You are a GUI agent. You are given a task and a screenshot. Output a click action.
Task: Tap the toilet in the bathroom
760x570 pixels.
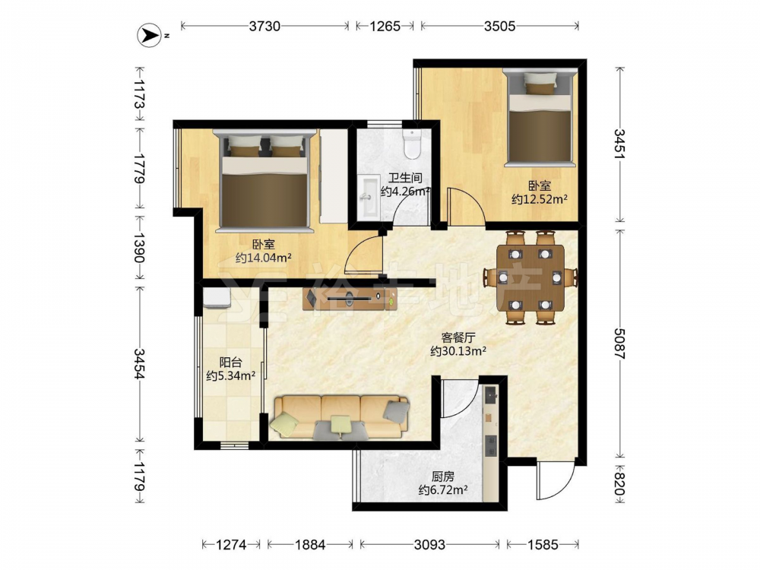(x=413, y=144)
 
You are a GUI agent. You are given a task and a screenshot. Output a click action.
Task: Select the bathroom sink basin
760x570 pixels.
(x=369, y=195)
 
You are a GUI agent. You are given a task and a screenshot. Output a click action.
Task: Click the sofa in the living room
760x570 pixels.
(x=340, y=417)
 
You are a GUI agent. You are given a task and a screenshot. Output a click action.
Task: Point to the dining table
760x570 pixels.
(x=530, y=277)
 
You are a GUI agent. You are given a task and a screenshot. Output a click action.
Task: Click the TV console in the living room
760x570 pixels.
(x=350, y=299)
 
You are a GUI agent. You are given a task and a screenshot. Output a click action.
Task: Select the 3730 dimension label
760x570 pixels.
(x=264, y=26)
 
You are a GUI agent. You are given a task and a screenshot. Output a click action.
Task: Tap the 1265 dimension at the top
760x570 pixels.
(x=385, y=26)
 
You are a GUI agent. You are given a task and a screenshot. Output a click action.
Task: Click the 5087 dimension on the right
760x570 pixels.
(x=620, y=344)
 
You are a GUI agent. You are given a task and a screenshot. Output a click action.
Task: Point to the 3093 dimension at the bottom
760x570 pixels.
(x=429, y=545)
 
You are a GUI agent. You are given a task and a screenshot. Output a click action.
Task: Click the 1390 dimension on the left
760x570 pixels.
(x=140, y=248)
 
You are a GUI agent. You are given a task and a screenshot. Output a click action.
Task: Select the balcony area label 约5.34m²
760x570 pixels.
(x=231, y=375)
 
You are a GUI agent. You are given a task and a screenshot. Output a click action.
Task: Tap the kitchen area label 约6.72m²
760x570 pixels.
(x=443, y=490)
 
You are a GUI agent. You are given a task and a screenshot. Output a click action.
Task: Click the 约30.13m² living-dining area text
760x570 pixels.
(x=458, y=351)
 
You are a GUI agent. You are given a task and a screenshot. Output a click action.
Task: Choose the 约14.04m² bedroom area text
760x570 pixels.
(x=263, y=258)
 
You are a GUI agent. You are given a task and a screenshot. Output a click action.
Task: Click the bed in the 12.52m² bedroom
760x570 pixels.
(x=540, y=118)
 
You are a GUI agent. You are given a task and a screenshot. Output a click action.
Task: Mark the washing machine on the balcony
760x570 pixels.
(x=217, y=299)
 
